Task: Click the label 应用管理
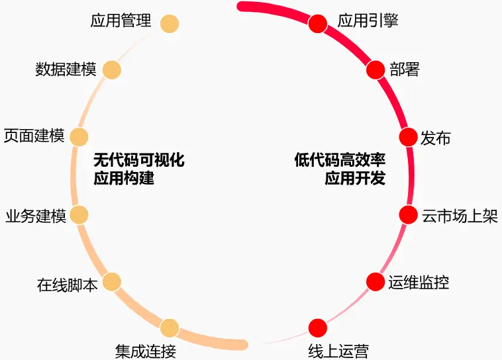(121, 21)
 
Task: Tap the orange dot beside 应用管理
(170, 23)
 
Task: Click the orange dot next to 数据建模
(111, 70)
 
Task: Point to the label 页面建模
(34, 136)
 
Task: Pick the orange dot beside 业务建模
(79, 215)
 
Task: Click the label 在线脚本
(68, 286)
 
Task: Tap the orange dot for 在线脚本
(111, 282)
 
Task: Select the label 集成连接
(146, 351)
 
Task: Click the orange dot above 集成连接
(170, 328)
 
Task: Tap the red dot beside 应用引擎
(318, 23)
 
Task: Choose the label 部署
(404, 69)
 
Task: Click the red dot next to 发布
(408, 137)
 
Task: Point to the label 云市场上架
(460, 216)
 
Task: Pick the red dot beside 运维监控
(376, 282)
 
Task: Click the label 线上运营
(338, 351)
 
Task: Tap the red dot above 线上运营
(318, 328)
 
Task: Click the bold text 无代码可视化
(138, 160)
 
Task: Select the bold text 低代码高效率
(340, 160)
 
